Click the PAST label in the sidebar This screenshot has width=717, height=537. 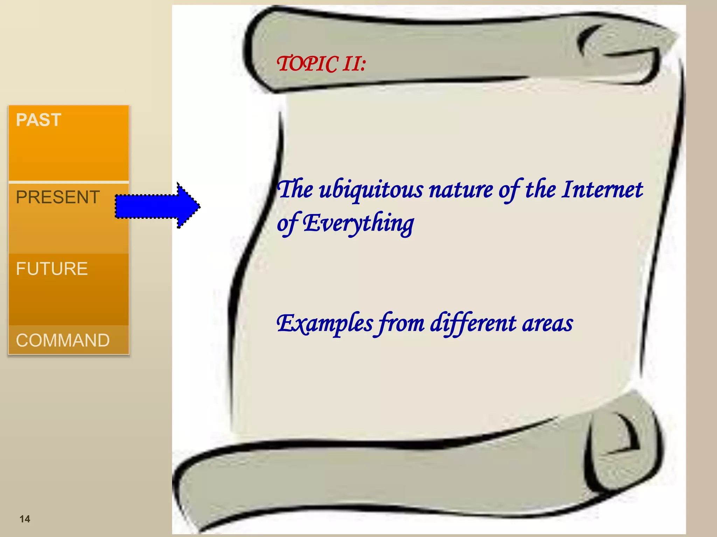39,120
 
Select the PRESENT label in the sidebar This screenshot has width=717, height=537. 58,197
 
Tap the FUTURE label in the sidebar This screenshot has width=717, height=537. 52,269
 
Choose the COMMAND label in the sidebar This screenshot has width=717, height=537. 63,340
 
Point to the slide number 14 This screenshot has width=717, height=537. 25,519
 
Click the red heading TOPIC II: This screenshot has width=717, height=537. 321,64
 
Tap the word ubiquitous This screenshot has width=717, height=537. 371,190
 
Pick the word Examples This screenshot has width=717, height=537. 325,323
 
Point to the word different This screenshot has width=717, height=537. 473,323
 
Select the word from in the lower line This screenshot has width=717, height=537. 399,323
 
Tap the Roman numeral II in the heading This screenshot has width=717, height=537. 351,64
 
